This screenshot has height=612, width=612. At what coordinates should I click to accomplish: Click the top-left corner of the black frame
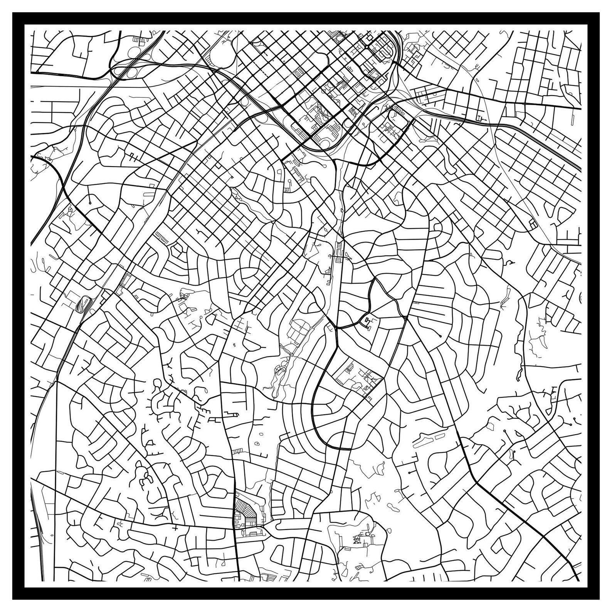pyautogui.click(x=13, y=13)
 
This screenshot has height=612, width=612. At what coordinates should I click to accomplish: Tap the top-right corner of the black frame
pyautogui.click(x=599, y=13)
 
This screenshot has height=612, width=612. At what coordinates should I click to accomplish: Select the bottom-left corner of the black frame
pyautogui.click(x=13, y=599)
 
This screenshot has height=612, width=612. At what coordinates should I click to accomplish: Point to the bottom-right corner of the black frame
pyautogui.click(x=599, y=599)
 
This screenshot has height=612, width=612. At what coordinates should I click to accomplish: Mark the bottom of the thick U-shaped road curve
pyautogui.click(x=335, y=447)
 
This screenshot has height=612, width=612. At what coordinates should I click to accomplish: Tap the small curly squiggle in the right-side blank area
pyautogui.click(x=509, y=263)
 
